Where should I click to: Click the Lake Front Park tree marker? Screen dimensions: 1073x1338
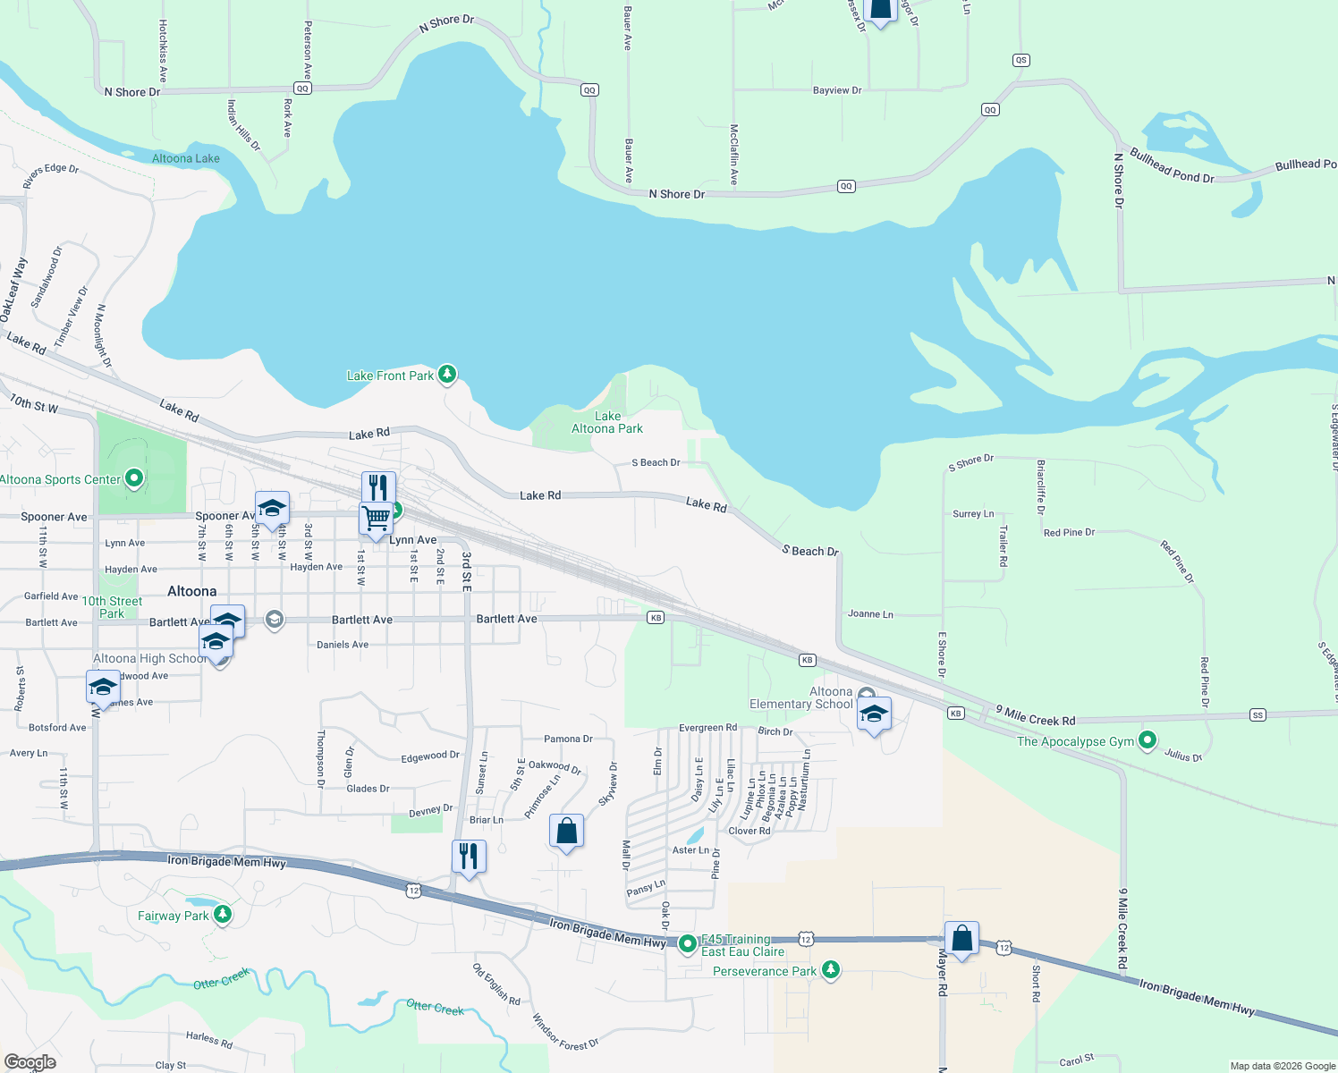[x=447, y=375]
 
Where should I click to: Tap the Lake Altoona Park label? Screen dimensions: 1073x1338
[x=607, y=422]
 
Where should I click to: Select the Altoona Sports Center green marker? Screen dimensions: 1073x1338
[x=134, y=479]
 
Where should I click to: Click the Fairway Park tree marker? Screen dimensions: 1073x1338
[x=223, y=915]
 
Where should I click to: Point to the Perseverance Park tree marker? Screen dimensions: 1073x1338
[x=831, y=970]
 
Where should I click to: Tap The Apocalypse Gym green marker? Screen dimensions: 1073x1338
[x=1147, y=740]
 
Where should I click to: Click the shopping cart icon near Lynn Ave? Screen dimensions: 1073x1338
[x=377, y=518]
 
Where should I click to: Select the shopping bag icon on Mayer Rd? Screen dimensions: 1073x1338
[x=961, y=939]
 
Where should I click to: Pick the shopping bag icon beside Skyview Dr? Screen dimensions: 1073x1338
[x=566, y=832]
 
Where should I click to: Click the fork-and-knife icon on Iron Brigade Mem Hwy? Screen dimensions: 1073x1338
[x=469, y=857]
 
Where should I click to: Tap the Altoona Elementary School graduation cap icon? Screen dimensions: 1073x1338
[x=874, y=714]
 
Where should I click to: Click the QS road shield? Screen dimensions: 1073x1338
[x=1021, y=60]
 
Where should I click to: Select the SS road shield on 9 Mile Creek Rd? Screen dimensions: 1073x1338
[x=1258, y=715]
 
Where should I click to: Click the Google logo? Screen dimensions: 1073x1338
[x=30, y=1062]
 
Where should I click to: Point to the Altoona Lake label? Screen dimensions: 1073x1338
[x=185, y=158]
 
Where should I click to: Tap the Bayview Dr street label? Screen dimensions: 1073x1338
[x=837, y=90]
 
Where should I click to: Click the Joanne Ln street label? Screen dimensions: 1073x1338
[x=870, y=614]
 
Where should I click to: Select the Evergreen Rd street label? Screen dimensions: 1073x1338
[x=707, y=728]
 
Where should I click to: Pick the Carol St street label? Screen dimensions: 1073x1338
[x=1076, y=1060]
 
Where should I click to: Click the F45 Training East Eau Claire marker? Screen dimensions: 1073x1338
[x=687, y=943]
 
